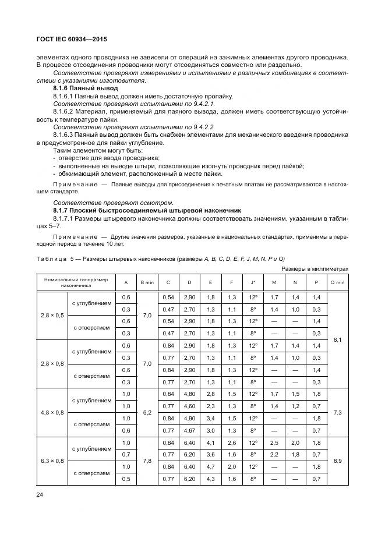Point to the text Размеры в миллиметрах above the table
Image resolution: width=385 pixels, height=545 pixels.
pyautogui.click(x=315, y=268)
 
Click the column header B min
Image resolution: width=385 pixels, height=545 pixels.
pyautogui.click(x=147, y=282)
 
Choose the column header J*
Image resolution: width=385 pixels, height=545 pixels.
pyautogui.click(x=253, y=282)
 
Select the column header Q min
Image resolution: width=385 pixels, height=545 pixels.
pyautogui.click(x=338, y=282)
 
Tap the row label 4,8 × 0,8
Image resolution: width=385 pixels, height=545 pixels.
pyautogui.click(x=52, y=412)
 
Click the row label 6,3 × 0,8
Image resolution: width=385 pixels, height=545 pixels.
pyautogui.click(x=52, y=461)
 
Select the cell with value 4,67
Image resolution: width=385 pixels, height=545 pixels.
pyautogui.click(x=189, y=430)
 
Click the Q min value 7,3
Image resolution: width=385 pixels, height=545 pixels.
pyautogui.click(x=338, y=412)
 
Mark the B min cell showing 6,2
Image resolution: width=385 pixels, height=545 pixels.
pyautogui.click(x=147, y=412)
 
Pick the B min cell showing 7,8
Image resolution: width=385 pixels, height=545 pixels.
pyautogui.click(x=147, y=461)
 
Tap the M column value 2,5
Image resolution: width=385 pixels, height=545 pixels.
pyautogui.click(x=274, y=444)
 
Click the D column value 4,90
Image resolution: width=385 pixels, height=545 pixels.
pyautogui.click(x=189, y=418)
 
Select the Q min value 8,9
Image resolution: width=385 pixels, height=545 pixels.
pyautogui.click(x=338, y=461)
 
